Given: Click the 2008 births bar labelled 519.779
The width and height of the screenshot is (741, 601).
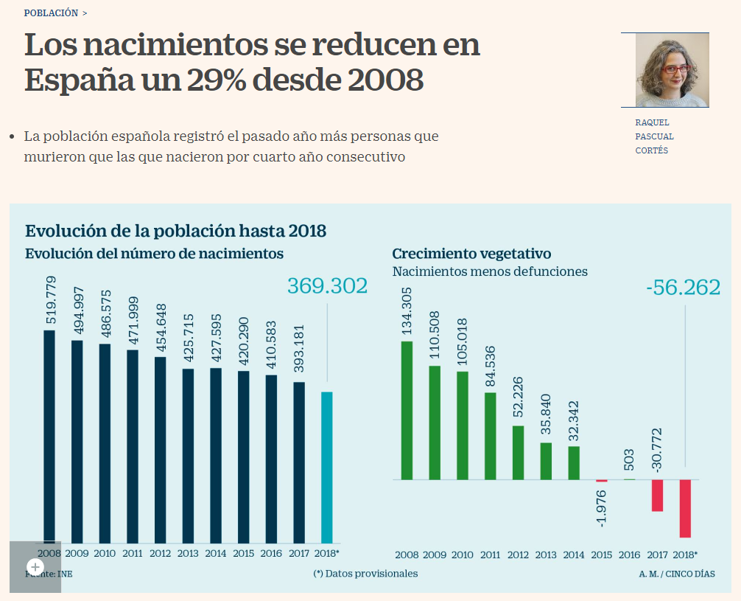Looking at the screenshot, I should [x=49, y=435].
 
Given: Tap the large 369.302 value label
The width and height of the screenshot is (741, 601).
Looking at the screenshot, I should [x=327, y=286].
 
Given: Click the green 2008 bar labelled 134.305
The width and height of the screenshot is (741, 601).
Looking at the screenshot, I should [x=407, y=410].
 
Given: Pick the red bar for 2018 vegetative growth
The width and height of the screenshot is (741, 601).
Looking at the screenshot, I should [x=685, y=508].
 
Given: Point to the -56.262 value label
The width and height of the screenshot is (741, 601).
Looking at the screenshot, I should [x=683, y=288].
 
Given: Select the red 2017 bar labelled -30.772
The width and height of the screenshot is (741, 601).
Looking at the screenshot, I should [x=657, y=495].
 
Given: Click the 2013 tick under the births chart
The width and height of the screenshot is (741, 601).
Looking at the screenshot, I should [x=188, y=553].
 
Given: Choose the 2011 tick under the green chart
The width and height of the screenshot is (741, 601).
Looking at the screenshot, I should [x=491, y=555].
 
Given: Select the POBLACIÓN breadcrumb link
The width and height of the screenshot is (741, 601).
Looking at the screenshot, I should [x=51, y=13].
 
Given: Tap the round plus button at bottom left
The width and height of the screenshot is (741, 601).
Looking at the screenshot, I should [x=35, y=567].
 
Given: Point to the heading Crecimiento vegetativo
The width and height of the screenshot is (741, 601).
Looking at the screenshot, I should [x=471, y=254].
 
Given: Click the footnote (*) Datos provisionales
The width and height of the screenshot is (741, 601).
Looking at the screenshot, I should [x=365, y=574].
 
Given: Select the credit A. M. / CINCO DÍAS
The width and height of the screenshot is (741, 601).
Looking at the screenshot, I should [x=676, y=574].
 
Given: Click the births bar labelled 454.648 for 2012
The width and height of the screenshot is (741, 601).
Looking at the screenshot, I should [x=161, y=450].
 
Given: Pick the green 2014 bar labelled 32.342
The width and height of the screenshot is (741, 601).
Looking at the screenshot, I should [x=574, y=462].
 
